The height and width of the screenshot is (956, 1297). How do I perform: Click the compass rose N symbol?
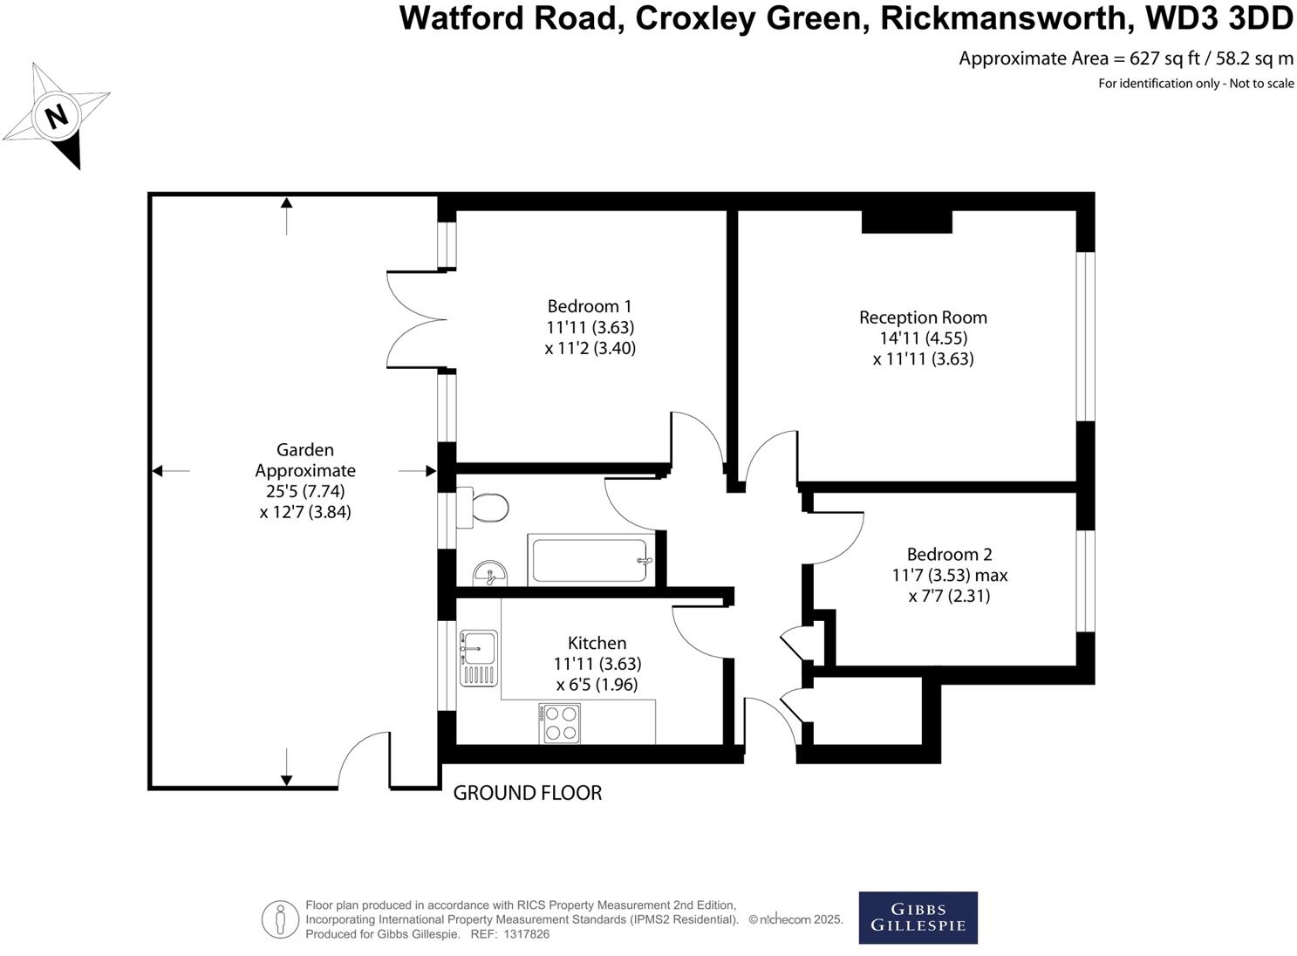click(x=57, y=115)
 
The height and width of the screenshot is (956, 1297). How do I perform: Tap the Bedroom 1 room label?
click(x=590, y=306)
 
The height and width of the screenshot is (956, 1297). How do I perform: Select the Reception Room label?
click(x=923, y=318)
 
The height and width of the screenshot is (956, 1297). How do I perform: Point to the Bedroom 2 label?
click(x=949, y=554)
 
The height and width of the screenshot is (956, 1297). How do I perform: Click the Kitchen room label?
click(x=597, y=643)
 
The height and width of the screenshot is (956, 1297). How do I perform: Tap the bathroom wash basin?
click(x=491, y=574)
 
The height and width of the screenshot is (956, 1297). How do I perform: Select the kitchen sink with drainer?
click(x=479, y=658)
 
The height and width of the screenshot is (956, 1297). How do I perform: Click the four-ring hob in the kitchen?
click(x=561, y=723)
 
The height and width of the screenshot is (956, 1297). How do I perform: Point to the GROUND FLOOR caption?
click(x=528, y=793)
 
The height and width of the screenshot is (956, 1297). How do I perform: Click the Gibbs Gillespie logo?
click(x=918, y=918)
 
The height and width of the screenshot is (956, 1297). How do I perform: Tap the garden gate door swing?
click(x=362, y=759)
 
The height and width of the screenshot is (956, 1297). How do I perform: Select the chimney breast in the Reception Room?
click(x=906, y=222)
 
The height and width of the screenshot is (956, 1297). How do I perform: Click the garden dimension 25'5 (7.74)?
click(x=305, y=491)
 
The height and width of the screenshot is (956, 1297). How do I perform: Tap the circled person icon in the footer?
click(x=280, y=919)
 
